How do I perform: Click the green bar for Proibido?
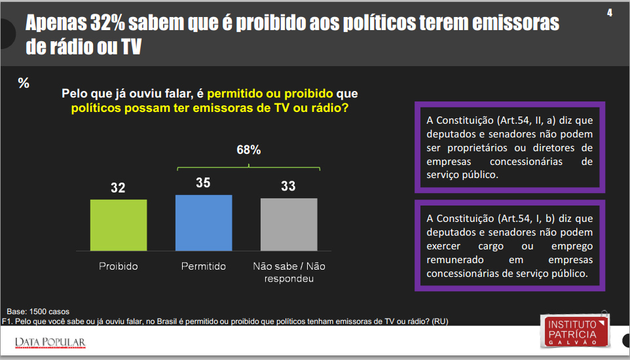[119, 225]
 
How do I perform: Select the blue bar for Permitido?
[204, 223]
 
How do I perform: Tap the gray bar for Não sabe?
[289, 224]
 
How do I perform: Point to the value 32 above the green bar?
[118, 189]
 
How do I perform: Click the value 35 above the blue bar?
[203, 183]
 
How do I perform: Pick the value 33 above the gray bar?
[288, 187]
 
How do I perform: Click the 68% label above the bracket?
[249, 150]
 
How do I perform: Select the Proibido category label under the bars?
[119, 266]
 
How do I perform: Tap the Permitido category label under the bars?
[204, 266]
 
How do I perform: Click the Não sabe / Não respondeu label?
[289, 272]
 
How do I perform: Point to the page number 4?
[610, 13]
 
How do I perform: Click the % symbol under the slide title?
[24, 83]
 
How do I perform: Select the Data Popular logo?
[50, 342]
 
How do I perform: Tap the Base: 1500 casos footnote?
[38, 311]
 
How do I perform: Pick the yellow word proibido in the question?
[306, 94]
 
